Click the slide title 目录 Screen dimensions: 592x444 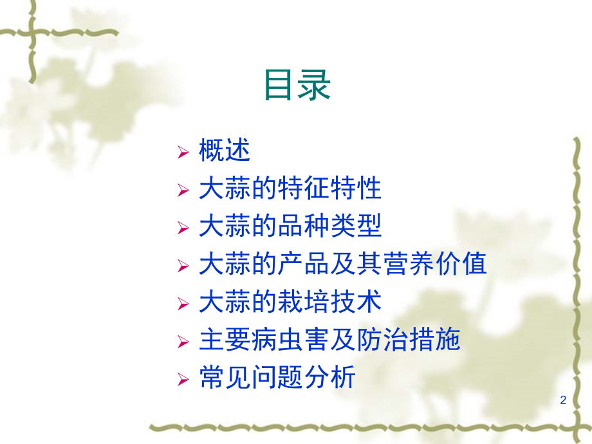(297, 85)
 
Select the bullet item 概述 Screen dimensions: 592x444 (225, 151)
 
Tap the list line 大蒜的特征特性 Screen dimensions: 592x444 (290, 188)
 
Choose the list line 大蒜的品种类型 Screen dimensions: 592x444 (290, 226)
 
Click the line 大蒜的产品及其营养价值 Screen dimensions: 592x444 (343, 264)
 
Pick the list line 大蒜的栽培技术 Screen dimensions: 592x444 (290, 302)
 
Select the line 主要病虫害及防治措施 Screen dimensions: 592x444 (329, 339)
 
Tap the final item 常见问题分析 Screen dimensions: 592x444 (277, 377)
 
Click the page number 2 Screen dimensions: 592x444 (563, 400)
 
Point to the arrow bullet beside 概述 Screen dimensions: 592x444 (183, 152)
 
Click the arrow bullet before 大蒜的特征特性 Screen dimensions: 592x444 (183, 190)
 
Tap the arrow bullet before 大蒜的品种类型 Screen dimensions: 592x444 (183, 228)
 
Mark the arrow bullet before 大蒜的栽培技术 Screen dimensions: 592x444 (183, 304)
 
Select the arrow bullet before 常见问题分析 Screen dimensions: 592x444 (183, 380)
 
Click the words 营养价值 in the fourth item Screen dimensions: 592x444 (434, 264)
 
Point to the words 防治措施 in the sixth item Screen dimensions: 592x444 (409, 339)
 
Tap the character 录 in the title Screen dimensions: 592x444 (315, 85)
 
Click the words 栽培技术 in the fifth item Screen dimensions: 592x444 (329, 302)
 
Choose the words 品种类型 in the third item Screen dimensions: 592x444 (329, 226)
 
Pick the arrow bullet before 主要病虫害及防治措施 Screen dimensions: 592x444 (183, 342)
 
